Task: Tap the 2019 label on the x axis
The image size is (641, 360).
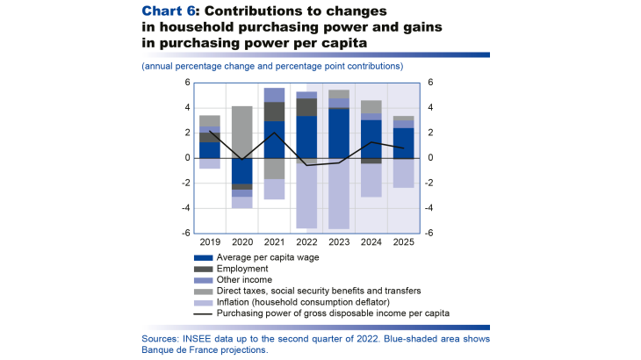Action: point(210,241)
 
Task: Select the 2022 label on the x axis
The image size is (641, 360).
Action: point(306,241)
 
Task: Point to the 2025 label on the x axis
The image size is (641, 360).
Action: point(403,241)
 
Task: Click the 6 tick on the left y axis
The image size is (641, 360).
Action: point(187,83)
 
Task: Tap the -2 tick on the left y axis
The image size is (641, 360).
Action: point(185,184)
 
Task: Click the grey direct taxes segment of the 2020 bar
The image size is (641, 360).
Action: point(242,132)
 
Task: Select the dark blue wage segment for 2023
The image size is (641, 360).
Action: point(339,133)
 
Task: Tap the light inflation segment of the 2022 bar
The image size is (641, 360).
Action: point(306,197)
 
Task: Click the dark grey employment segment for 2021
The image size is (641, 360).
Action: point(275,112)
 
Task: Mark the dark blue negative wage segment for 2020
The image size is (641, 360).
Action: point(242,171)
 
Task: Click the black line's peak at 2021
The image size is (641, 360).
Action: point(275,133)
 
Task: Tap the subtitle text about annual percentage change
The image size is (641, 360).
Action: point(271,66)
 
